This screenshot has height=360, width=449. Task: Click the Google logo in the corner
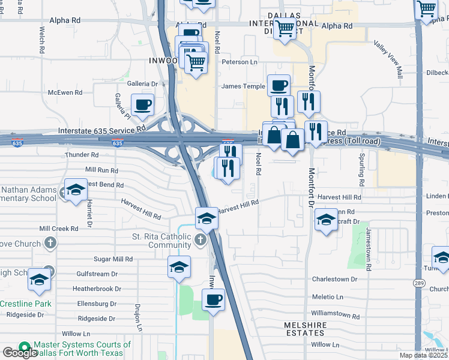point(20,353)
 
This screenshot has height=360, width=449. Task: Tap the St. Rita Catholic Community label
point(161,241)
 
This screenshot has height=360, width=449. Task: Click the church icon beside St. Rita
point(200,241)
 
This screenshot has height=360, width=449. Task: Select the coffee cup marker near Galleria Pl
point(143,105)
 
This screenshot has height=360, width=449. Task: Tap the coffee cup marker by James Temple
point(279,85)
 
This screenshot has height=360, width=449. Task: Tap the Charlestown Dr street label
point(334,279)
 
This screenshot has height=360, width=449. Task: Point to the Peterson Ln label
point(239,62)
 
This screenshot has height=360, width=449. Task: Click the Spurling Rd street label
point(362,171)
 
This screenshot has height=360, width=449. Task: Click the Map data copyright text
point(423,355)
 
